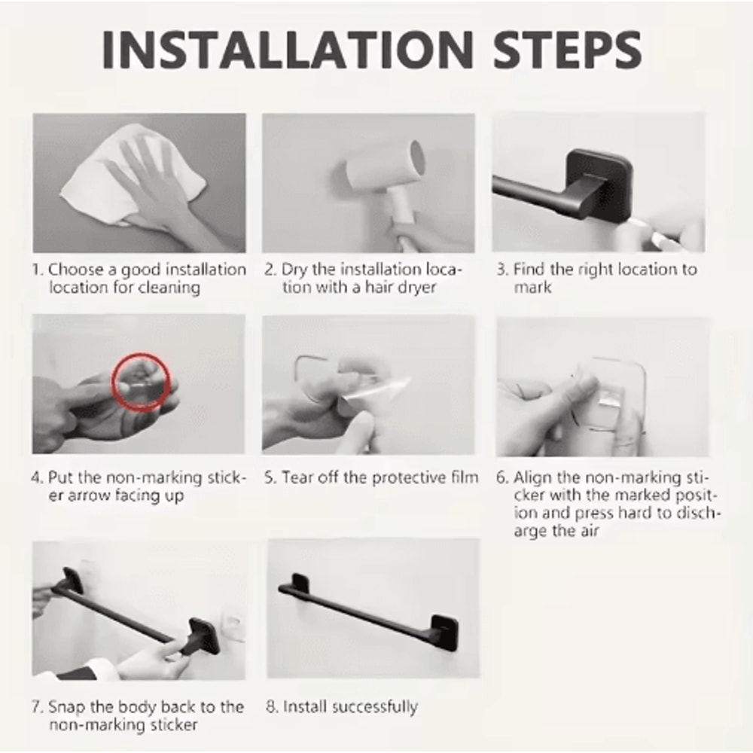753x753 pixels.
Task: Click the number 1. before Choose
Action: (x=38, y=270)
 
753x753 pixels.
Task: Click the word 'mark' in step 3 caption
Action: (x=533, y=288)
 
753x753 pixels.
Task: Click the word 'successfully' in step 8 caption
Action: (x=374, y=707)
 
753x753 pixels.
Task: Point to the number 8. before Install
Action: (x=272, y=707)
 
